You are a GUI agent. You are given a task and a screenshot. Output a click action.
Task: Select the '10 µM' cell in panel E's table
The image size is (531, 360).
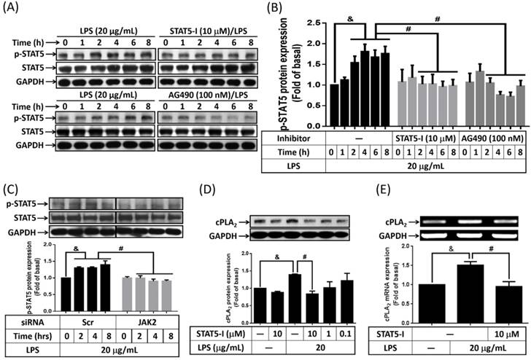click(501, 333)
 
